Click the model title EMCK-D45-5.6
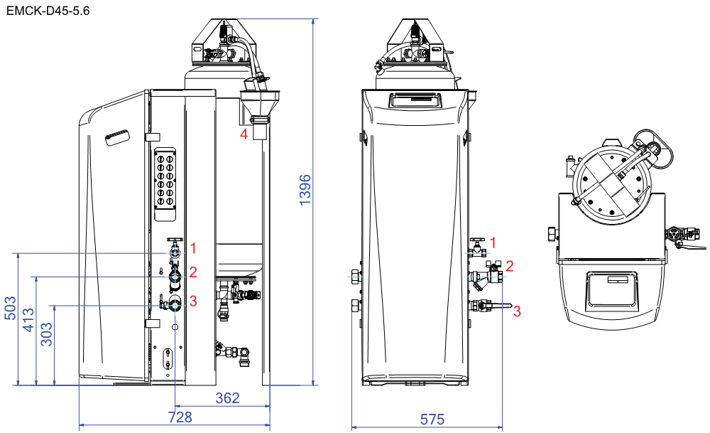tap(48, 11)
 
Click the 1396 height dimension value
tap(305, 190)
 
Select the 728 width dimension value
tap(180, 417)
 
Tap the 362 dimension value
tap(227, 397)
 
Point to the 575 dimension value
tap(432, 419)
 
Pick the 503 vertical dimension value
tap(11, 308)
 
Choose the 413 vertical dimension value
tap(28, 320)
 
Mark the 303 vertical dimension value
tap(47, 334)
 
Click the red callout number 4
tap(244, 134)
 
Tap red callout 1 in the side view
tap(193, 248)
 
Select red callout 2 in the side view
tap(193, 272)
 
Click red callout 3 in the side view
tap(193, 301)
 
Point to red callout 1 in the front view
tap(493, 243)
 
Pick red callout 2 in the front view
tap(509, 266)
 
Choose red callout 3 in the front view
tap(517, 311)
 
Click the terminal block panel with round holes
tap(165, 184)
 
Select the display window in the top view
tap(611, 289)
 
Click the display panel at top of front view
tap(415, 100)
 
